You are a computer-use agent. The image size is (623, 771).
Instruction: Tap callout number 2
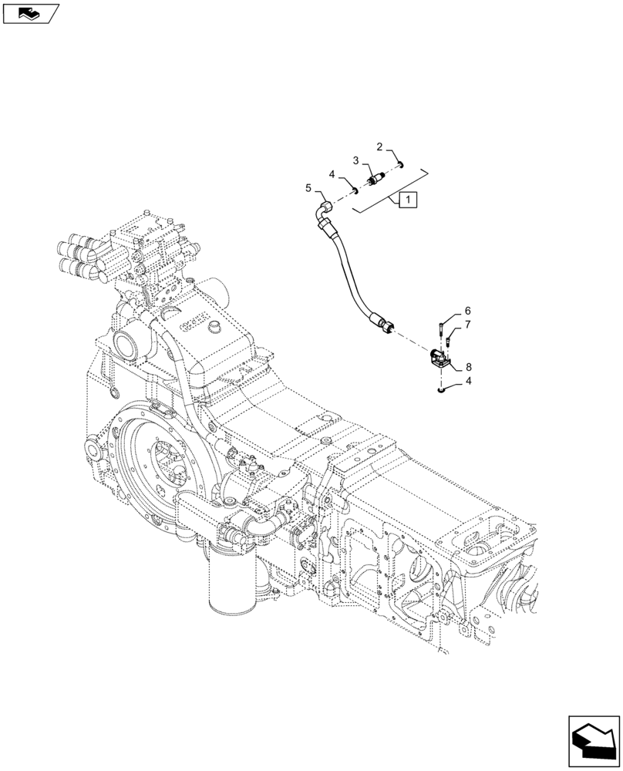click(380, 146)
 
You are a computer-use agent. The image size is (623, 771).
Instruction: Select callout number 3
click(356, 160)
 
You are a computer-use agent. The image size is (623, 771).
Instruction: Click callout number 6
click(467, 311)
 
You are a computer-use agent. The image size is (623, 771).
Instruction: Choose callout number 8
click(468, 368)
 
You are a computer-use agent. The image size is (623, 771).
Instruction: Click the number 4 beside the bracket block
click(467, 380)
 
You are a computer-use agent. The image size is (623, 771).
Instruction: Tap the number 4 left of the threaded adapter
click(332, 174)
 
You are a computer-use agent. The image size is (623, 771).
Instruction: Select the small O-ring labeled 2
click(402, 163)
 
